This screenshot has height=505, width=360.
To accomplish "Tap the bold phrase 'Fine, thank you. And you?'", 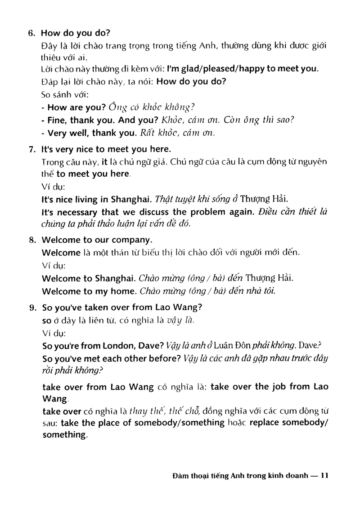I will pyautogui.click(x=101, y=120).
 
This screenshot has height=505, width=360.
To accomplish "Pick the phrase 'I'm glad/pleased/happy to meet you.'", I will pyautogui.click(x=243, y=69).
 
